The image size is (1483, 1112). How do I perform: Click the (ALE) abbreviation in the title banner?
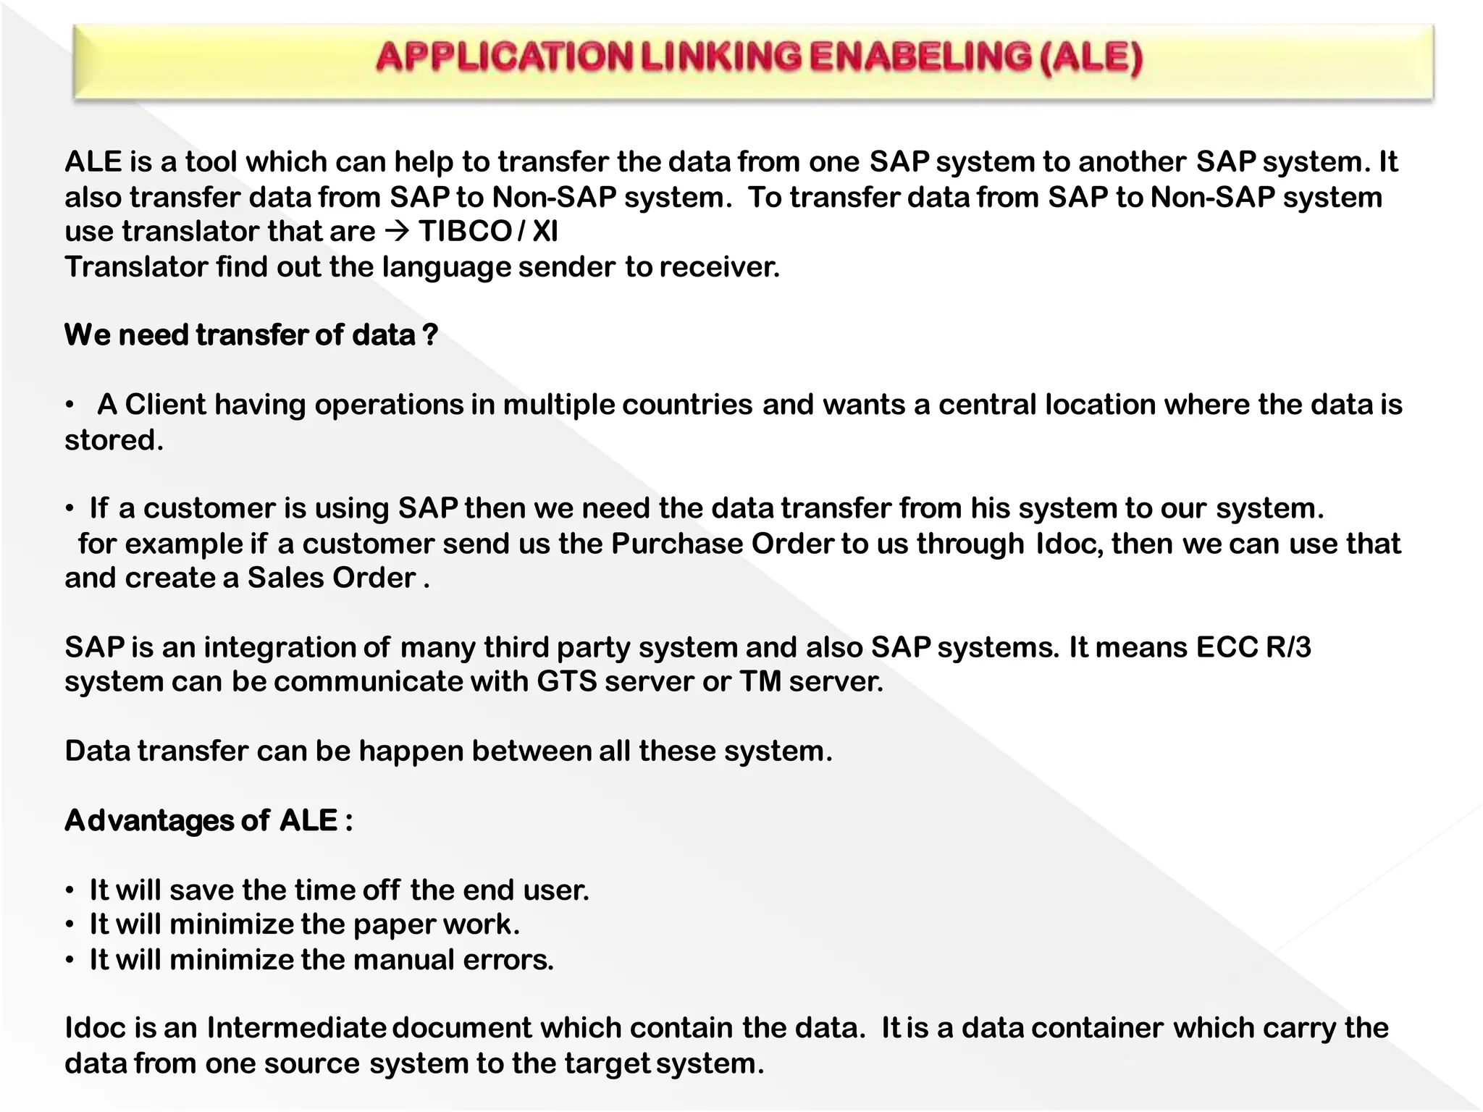tap(1091, 58)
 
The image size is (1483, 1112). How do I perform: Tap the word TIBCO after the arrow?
tap(465, 232)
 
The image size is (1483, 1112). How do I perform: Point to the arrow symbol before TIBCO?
tap(397, 232)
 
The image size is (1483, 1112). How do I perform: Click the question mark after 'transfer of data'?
tap(430, 335)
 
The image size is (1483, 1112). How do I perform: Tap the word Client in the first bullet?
tap(165, 405)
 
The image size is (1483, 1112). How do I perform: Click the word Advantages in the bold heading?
tap(148, 821)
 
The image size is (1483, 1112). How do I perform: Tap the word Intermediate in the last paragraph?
tap(297, 1029)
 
